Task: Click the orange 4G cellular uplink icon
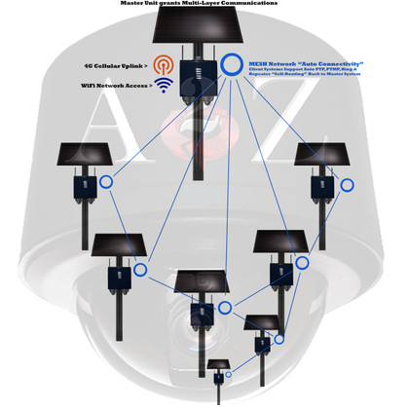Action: click(164, 66)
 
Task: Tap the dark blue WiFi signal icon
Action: click(164, 86)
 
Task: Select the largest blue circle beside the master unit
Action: click(231, 64)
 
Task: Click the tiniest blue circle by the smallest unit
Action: click(228, 375)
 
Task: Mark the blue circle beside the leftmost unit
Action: click(105, 181)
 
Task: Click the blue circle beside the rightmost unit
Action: click(346, 184)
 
